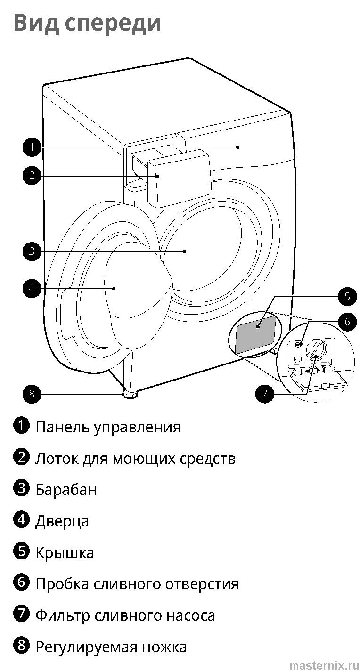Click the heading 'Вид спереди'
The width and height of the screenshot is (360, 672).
pyautogui.click(x=87, y=22)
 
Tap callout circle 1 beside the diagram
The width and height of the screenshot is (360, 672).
pyautogui.click(x=32, y=147)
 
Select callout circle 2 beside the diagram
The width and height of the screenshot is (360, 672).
pyautogui.click(x=32, y=176)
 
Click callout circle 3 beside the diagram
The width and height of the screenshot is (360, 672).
pyautogui.click(x=32, y=251)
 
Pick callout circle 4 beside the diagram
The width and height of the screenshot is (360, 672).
pyautogui.click(x=32, y=288)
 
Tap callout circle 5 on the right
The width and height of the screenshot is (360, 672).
pyautogui.click(x=347, y=296)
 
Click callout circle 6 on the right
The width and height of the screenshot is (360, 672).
pyautogui.click(x=347, y=322)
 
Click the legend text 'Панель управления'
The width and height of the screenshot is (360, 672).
pyautogui.click(x=108, y=427)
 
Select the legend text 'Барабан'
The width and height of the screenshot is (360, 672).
pyautogui.click(x=66, y=490)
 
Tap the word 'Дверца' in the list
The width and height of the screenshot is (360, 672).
pyautogui.click(x=62, y=521)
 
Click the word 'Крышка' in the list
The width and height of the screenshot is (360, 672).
pyautogui.click(x=65, y=553)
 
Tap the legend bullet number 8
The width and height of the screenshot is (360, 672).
pyautogui.click(x=21, y=646)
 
